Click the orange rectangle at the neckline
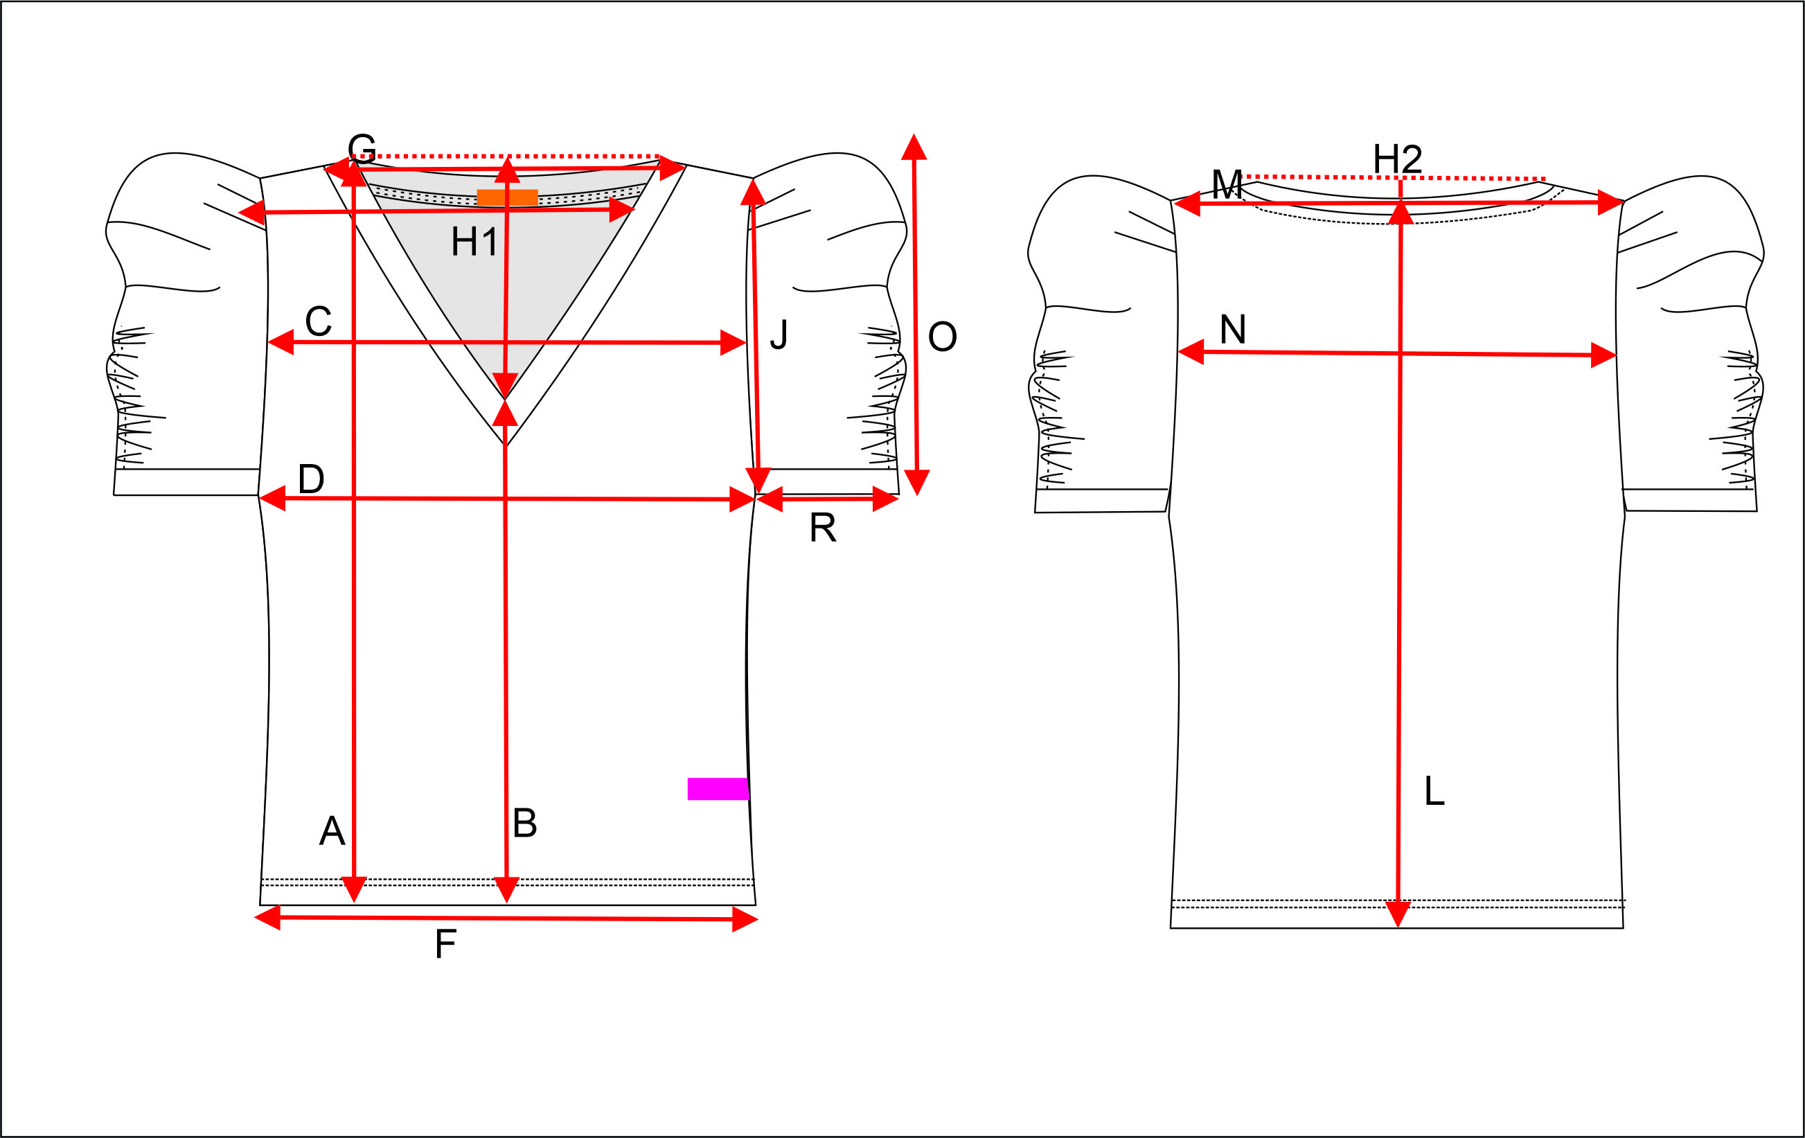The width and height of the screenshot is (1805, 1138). (x=508, y=198)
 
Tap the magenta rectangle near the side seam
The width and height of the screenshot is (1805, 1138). (x=718, y=789)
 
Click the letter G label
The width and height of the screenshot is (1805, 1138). (x=362, y=148)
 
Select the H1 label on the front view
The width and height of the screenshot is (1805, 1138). (x=474, y=242)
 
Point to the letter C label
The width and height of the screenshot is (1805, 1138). (x=319, y=321)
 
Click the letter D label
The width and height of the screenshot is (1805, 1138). (x=311, y=479)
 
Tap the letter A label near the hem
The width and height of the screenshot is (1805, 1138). (x=332, y=830)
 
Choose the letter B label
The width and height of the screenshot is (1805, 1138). (x=525, y=823)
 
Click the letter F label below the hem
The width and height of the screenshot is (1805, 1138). (x=445, y=944)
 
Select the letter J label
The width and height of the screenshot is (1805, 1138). (x=779, y=335)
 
